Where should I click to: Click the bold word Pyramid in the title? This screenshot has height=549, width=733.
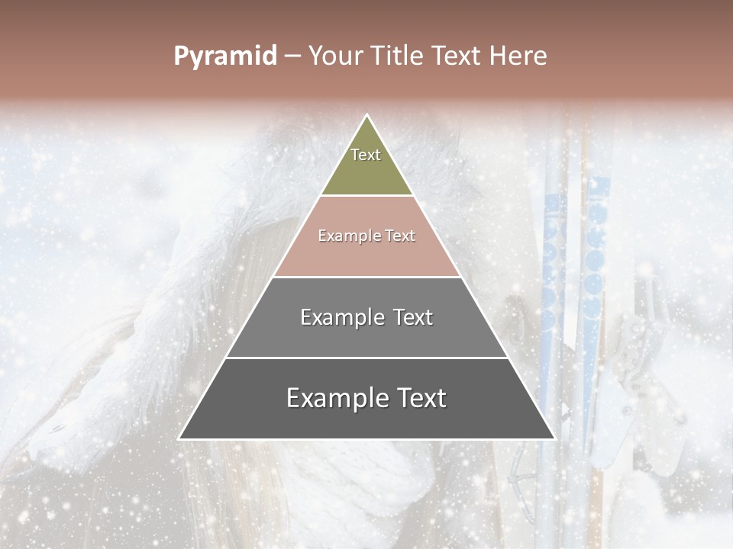(x=225, y=56)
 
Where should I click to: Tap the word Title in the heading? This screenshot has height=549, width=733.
(x=398, y=56)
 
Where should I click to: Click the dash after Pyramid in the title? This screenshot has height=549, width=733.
(x=292, y=56)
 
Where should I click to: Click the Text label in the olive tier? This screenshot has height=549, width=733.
(x=366, y=155)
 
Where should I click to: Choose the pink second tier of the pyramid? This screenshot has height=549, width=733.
(x=366, y=255)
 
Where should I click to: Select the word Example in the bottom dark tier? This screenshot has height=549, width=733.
(x=333, y=398)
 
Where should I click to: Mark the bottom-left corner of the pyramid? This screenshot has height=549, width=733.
(x=179, y=438)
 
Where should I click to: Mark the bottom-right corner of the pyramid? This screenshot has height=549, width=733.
(x=554, y=438)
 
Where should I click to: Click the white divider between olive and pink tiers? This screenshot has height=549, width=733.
(x=366, y=196)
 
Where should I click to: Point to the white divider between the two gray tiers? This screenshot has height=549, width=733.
(x=366, y=358)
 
